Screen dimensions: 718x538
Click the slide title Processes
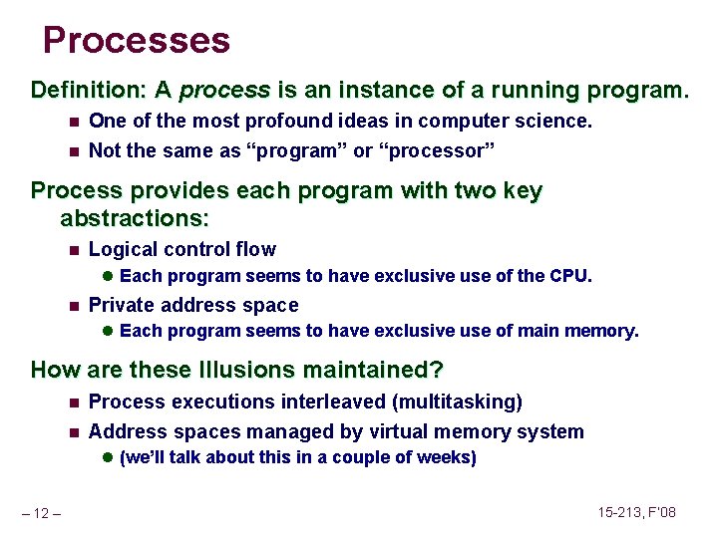[x=137, y=41]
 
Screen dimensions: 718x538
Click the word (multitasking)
[x=458, y=402]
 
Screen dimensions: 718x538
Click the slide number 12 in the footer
[x=43, y=513]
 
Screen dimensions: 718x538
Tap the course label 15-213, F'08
[x=638, y=512]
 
